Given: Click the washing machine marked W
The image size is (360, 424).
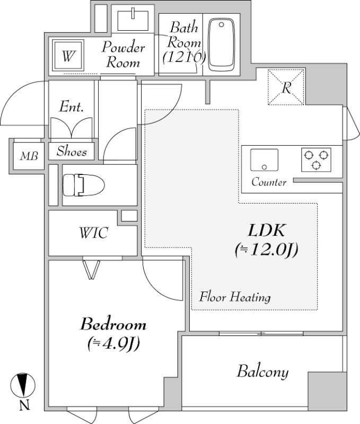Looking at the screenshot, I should coord(67,56).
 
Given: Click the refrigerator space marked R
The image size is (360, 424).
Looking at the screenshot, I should coord(286,87).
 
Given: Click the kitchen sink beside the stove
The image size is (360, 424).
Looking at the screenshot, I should coord(264,160).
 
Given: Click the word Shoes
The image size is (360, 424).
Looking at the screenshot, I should coord(72,152).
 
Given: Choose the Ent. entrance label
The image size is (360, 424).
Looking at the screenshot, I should coord(71,107).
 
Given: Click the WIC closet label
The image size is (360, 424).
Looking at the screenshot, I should coord(93,232).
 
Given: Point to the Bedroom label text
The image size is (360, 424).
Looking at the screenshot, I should coord(113,323).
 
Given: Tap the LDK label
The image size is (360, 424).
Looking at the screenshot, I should coord(267,231).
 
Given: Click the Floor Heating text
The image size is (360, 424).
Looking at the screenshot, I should coord(234,297).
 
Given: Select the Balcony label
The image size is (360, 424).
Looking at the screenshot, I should coord(262,372).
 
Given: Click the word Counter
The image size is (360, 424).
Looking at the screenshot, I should coord(269,182).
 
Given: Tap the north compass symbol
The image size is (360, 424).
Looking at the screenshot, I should coord(22,385).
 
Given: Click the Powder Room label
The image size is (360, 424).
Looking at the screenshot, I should coord(124,55).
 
